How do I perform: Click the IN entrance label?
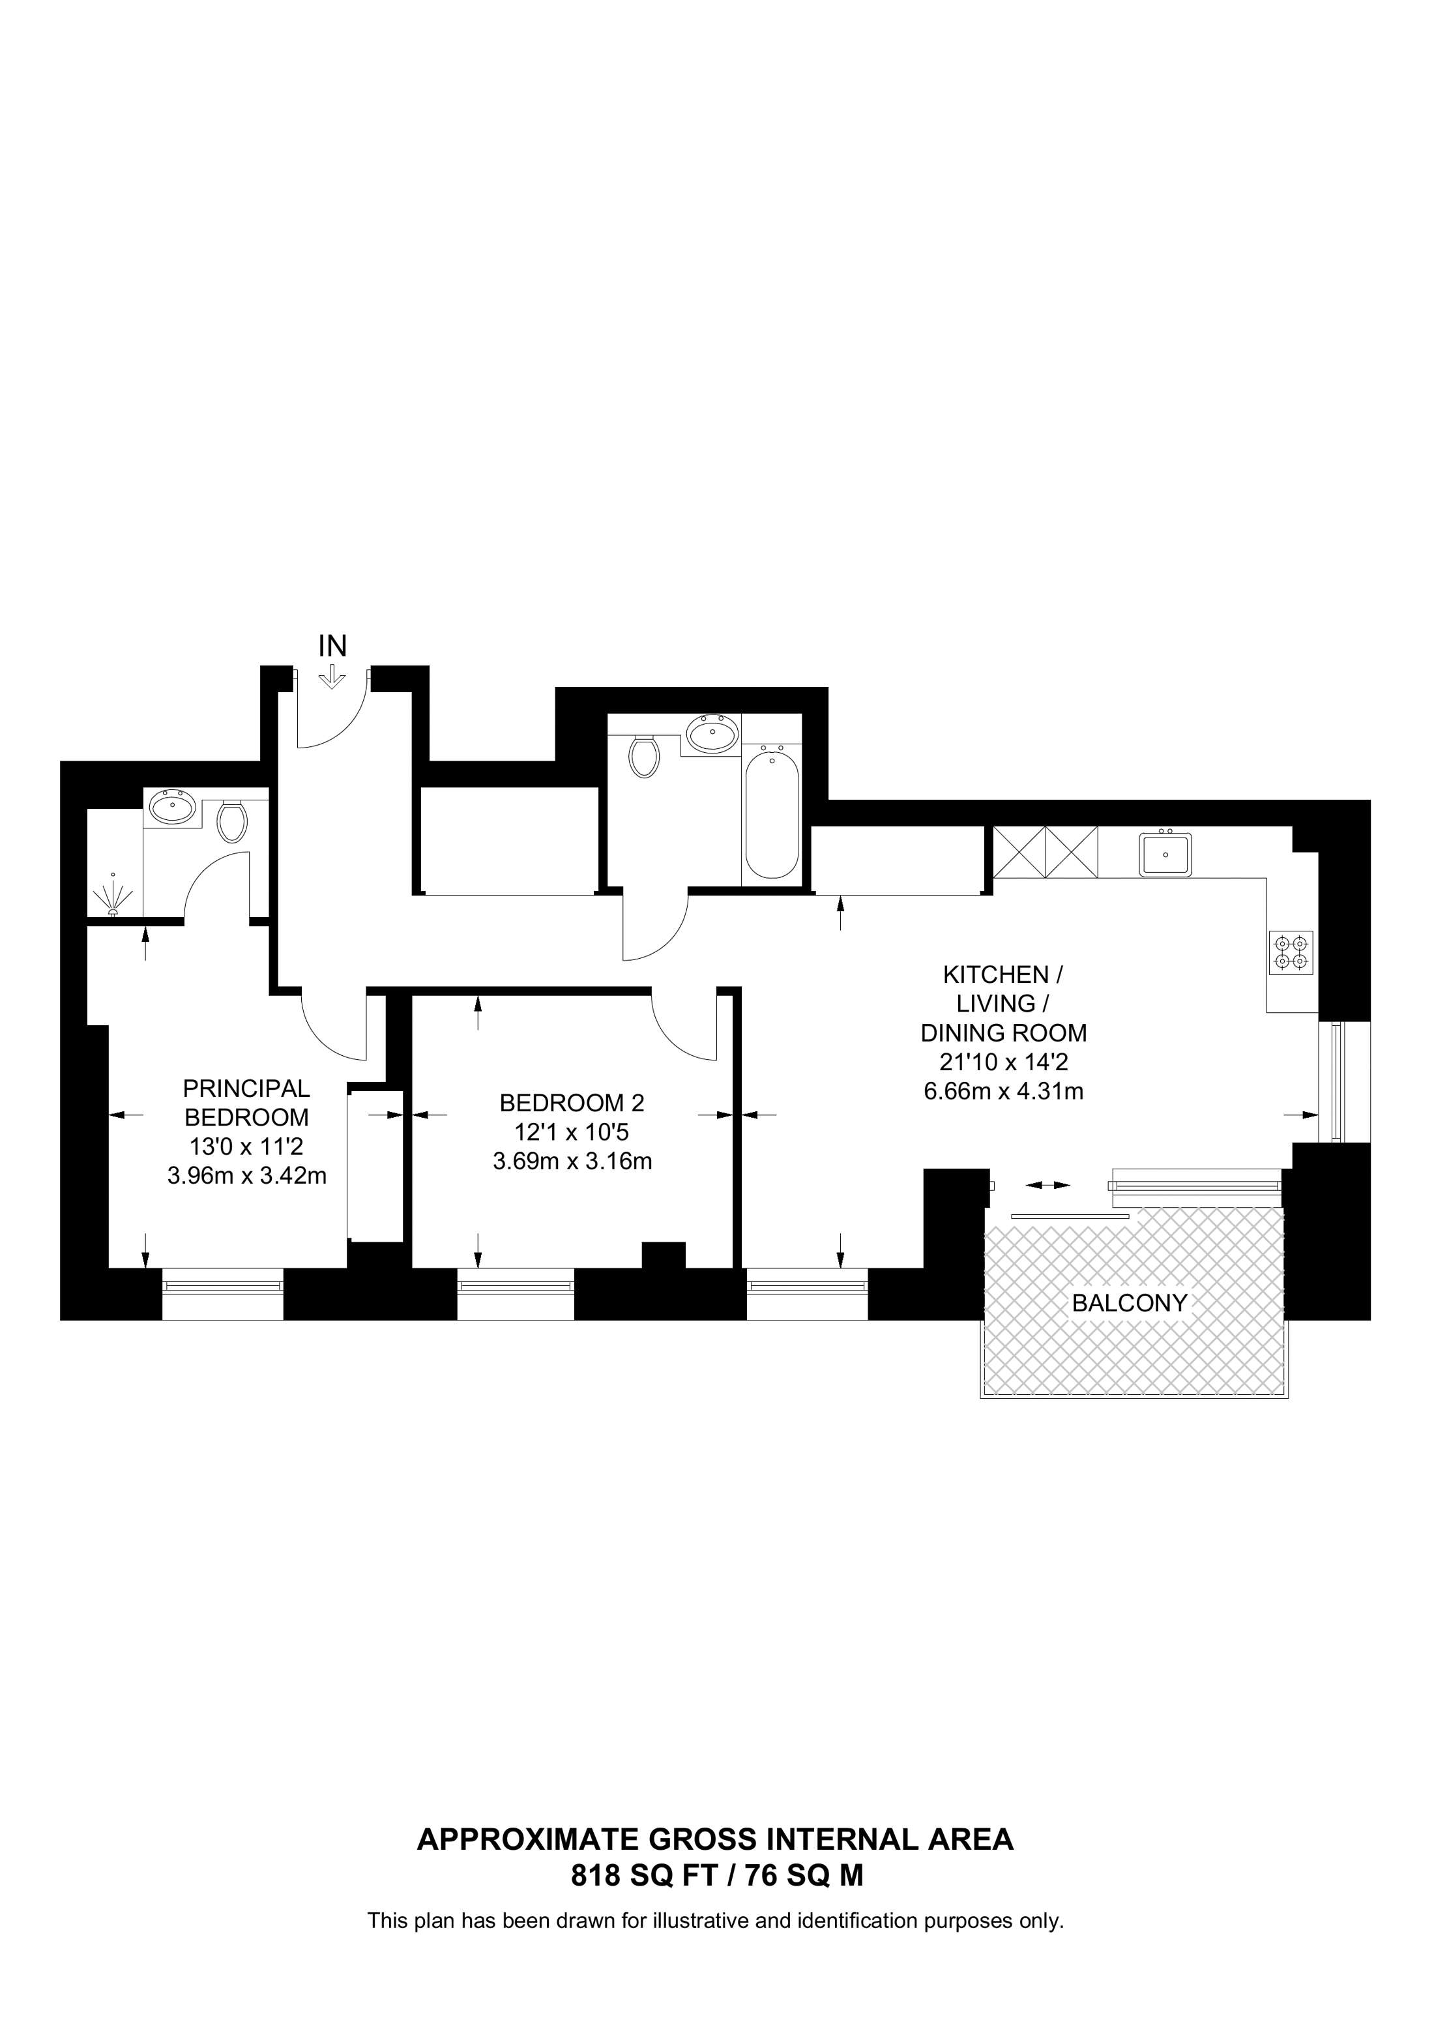(332, 646)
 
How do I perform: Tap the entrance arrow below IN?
(332, 677)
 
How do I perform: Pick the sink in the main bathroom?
(713, 733)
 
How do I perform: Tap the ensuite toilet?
(233, 821)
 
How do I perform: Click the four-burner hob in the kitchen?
(1291, 953)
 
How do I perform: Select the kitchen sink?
(1165, 854)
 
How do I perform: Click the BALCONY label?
(1129, 1303)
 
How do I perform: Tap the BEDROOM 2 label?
(572, 1103)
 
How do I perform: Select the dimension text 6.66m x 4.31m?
(1004, 1091)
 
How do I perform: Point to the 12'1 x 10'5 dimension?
(572, 1132)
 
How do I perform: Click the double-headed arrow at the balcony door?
(1049, 1185)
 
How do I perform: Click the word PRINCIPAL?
(246, 1088)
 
